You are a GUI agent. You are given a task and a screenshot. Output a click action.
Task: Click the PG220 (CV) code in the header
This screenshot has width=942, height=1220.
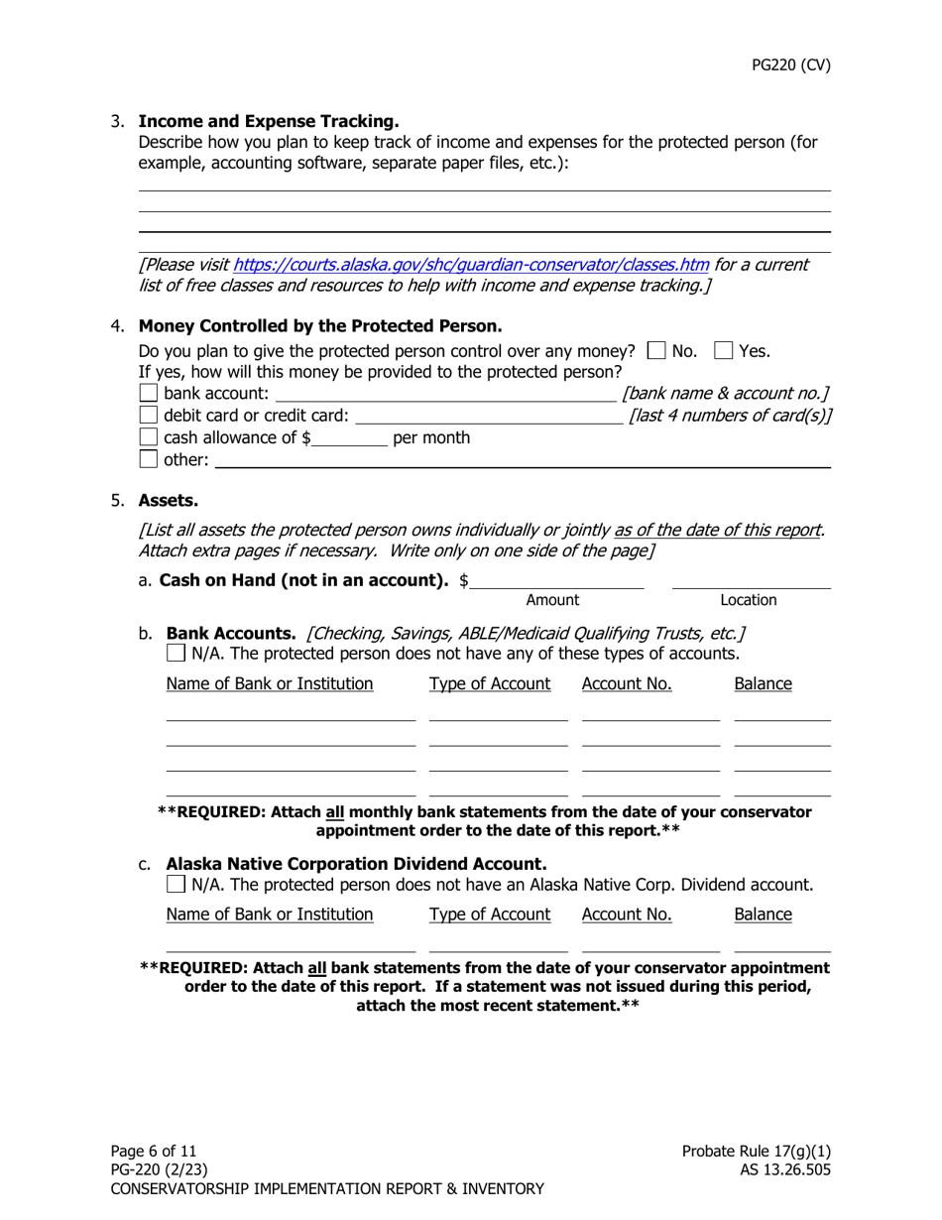click(x=790, y=65)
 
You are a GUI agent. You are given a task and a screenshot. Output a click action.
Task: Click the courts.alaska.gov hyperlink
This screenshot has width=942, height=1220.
click(x=471, y=265)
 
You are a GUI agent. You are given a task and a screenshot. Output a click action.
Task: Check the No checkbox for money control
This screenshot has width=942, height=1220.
click(x=654, y=350)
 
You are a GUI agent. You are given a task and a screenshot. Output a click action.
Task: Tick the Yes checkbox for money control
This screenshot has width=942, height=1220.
click(x=723, y=350)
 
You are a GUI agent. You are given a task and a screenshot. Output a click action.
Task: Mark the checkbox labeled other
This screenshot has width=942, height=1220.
click(x=149, y=458)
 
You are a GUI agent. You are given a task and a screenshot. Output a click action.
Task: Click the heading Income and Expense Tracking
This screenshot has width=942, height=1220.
click(x=269, y=121)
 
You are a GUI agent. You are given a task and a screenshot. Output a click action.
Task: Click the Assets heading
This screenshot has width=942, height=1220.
click(x=168, y=501)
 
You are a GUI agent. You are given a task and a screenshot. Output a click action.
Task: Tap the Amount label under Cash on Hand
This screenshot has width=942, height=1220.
click(x=552, y=599)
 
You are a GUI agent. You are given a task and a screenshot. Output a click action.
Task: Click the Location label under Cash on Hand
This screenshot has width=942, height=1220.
click(x=749, y=599)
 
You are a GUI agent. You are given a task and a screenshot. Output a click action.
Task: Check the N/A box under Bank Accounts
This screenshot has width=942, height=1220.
click(x=176, y=653)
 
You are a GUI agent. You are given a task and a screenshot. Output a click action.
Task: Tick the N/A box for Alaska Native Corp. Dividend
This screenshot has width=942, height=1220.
click(x=176, y=883)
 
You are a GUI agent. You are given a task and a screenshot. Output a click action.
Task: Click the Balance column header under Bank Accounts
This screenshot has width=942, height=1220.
click(x=763, y=683)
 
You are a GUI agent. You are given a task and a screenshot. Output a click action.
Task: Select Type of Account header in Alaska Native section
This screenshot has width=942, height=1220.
click(x=490, y=914)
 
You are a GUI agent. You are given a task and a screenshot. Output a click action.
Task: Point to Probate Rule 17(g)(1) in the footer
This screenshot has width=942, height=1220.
click(x=756, y=1151)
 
